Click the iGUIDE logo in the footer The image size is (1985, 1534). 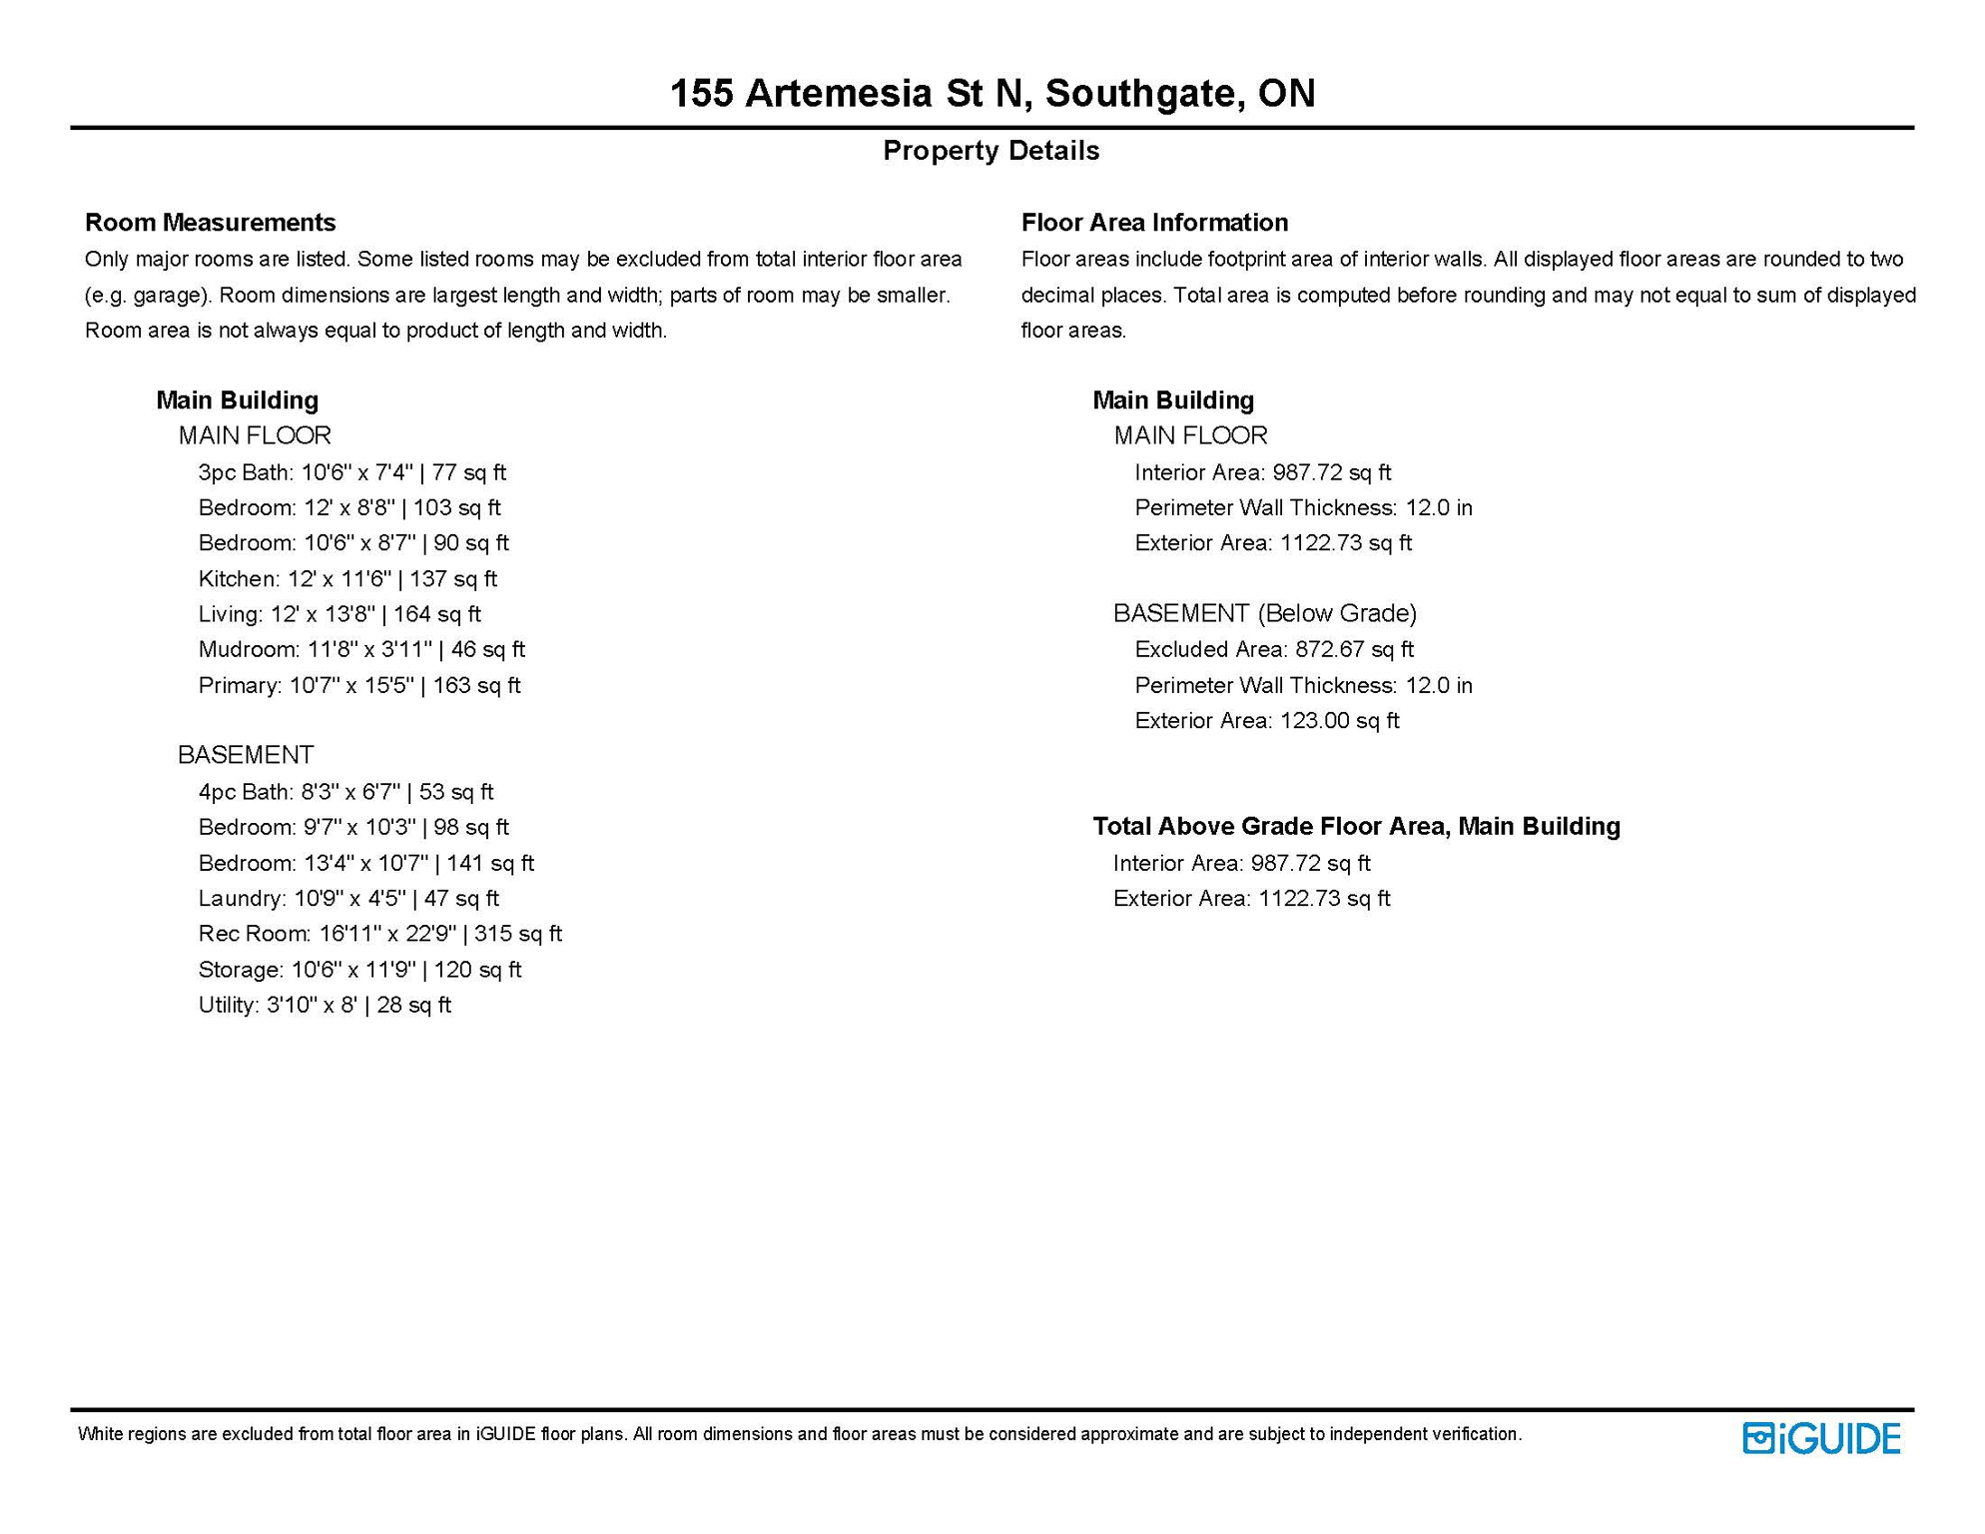point(1821,1438)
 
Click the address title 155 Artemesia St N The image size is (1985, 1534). point(992,93)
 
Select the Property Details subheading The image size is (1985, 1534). point(991,151)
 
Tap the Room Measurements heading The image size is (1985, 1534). point(210,222)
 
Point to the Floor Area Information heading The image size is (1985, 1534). point(1154,222)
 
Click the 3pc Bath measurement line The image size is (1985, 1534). point(351,472)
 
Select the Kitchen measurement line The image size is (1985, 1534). point(347,579)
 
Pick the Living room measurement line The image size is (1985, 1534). point(339,614)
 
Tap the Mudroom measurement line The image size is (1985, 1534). point(361,650)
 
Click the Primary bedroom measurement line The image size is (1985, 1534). point(359,686)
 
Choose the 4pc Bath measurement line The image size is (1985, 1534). point(345,792)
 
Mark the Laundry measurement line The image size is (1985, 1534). point(348,899)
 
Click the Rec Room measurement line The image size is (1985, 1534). point(379,934)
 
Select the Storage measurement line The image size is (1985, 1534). point(359,970)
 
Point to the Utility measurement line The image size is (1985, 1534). point(325,1006)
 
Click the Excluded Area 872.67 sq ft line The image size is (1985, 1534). point(1274,650)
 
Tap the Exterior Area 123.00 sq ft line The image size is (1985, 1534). point(1267,721)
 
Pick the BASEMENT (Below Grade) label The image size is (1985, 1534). point(1265,613)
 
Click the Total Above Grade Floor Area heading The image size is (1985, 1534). point(1356,827)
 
